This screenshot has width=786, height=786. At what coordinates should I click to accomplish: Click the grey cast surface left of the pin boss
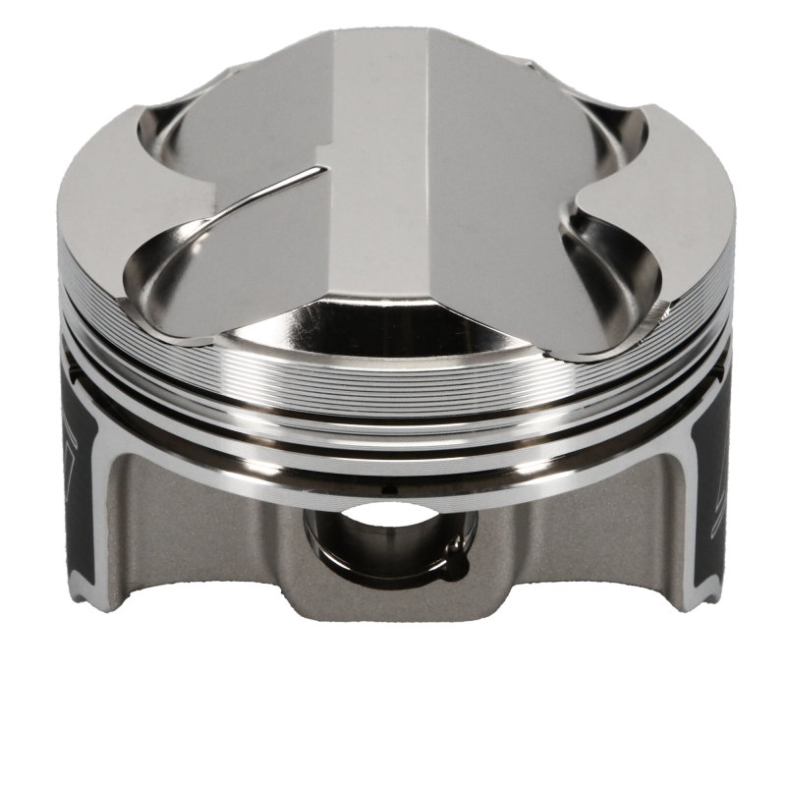(196, 531)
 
